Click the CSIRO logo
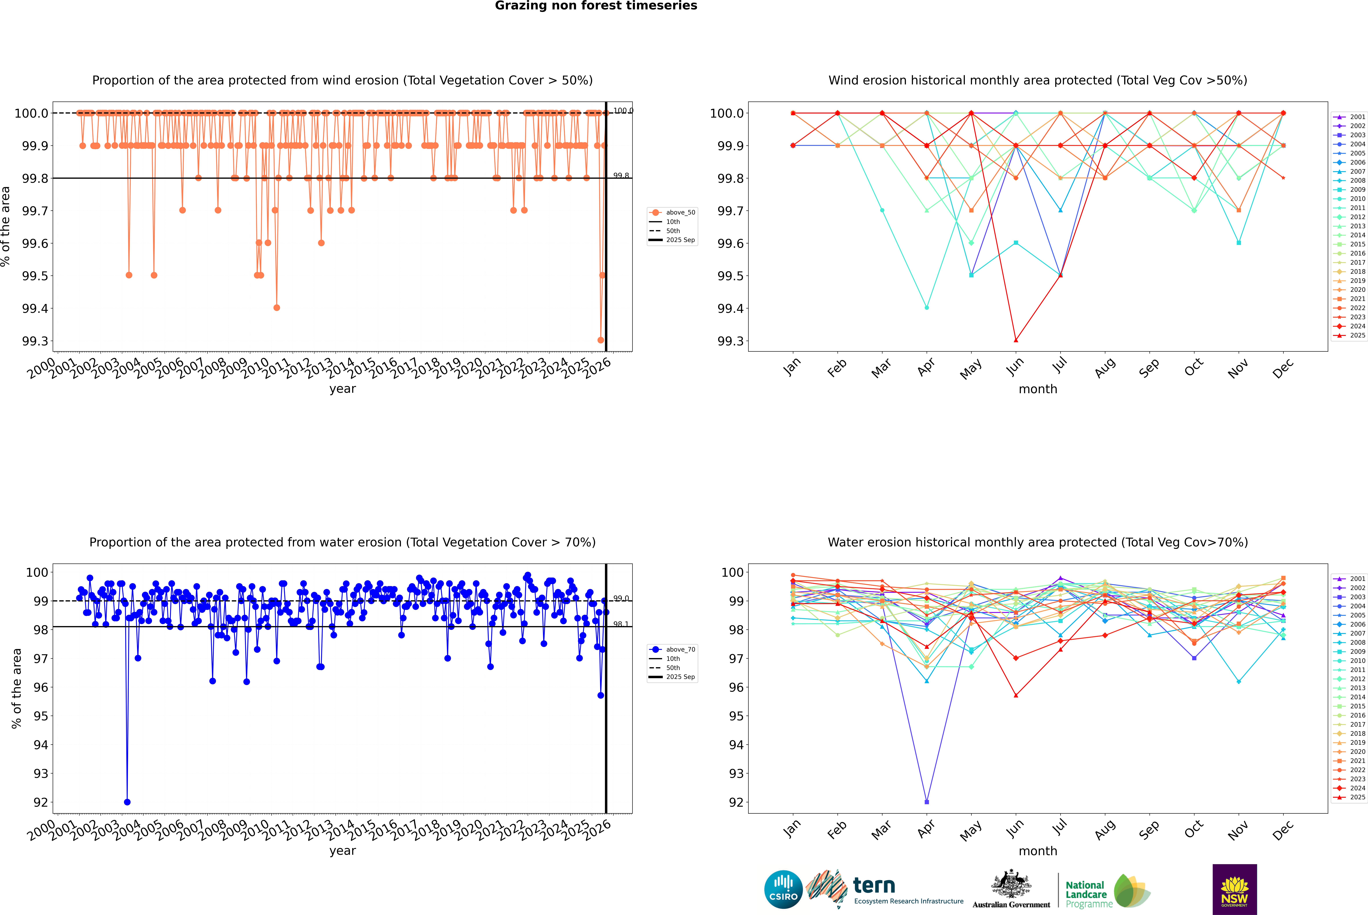tap(783, 889)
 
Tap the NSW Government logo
tap(1234, 889)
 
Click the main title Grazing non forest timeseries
tap(595, 6)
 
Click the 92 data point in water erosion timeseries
tap(127, 802)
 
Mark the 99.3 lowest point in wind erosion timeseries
tap(601, 340)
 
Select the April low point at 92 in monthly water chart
tap(927, 802)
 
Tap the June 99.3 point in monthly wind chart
tap(1016, 340)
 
